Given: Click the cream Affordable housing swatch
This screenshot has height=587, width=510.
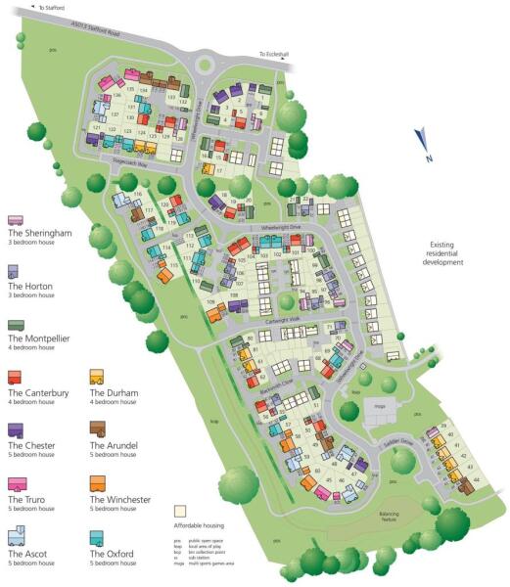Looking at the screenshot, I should [x=180, y=511].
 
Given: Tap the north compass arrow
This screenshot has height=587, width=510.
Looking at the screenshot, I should [x=421, y=144].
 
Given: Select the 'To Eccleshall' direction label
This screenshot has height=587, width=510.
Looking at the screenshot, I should [x=274, y=55].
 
